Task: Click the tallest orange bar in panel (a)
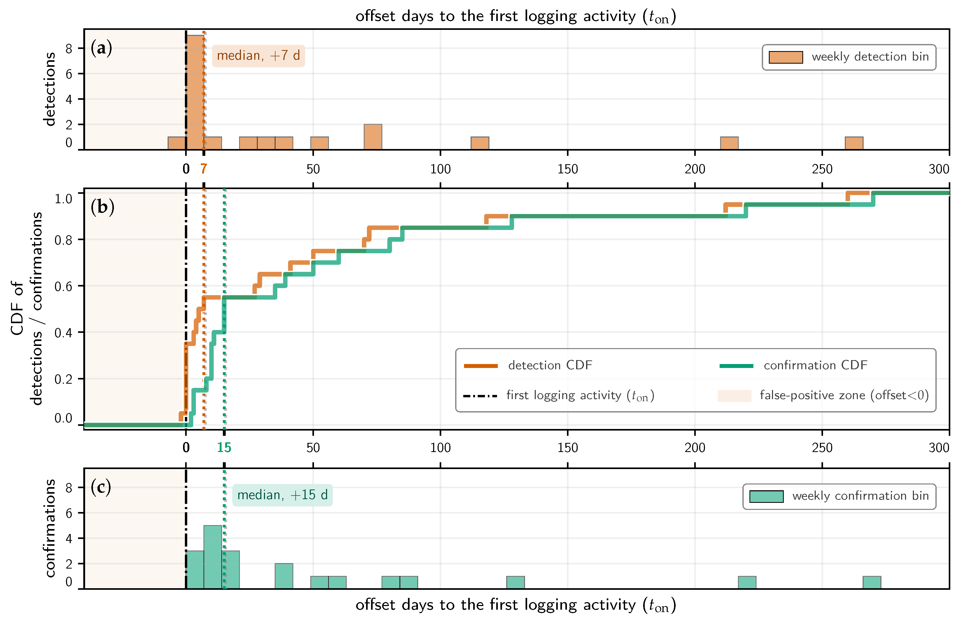click(195, 92)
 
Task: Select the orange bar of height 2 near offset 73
click(373, 137)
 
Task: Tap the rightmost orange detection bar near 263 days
click(854, 143)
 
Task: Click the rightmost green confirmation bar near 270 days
click(872, 582)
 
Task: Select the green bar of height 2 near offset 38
click(284, 576)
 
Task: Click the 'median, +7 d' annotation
click(258, 56)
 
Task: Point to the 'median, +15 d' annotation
click(282, 495)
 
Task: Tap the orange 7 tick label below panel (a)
click(204, 169)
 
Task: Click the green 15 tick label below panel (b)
click(224, 447)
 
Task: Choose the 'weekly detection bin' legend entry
click(849, 57)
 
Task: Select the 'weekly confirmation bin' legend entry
click(839, 496)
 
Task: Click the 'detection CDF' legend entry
click(528, 365)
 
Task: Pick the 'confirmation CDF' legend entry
click(793, 365)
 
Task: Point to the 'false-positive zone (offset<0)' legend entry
click(823, 395)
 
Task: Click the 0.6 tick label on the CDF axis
click(63, 287)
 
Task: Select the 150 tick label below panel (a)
click(567, 169)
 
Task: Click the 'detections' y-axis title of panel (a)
click(49, 89)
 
